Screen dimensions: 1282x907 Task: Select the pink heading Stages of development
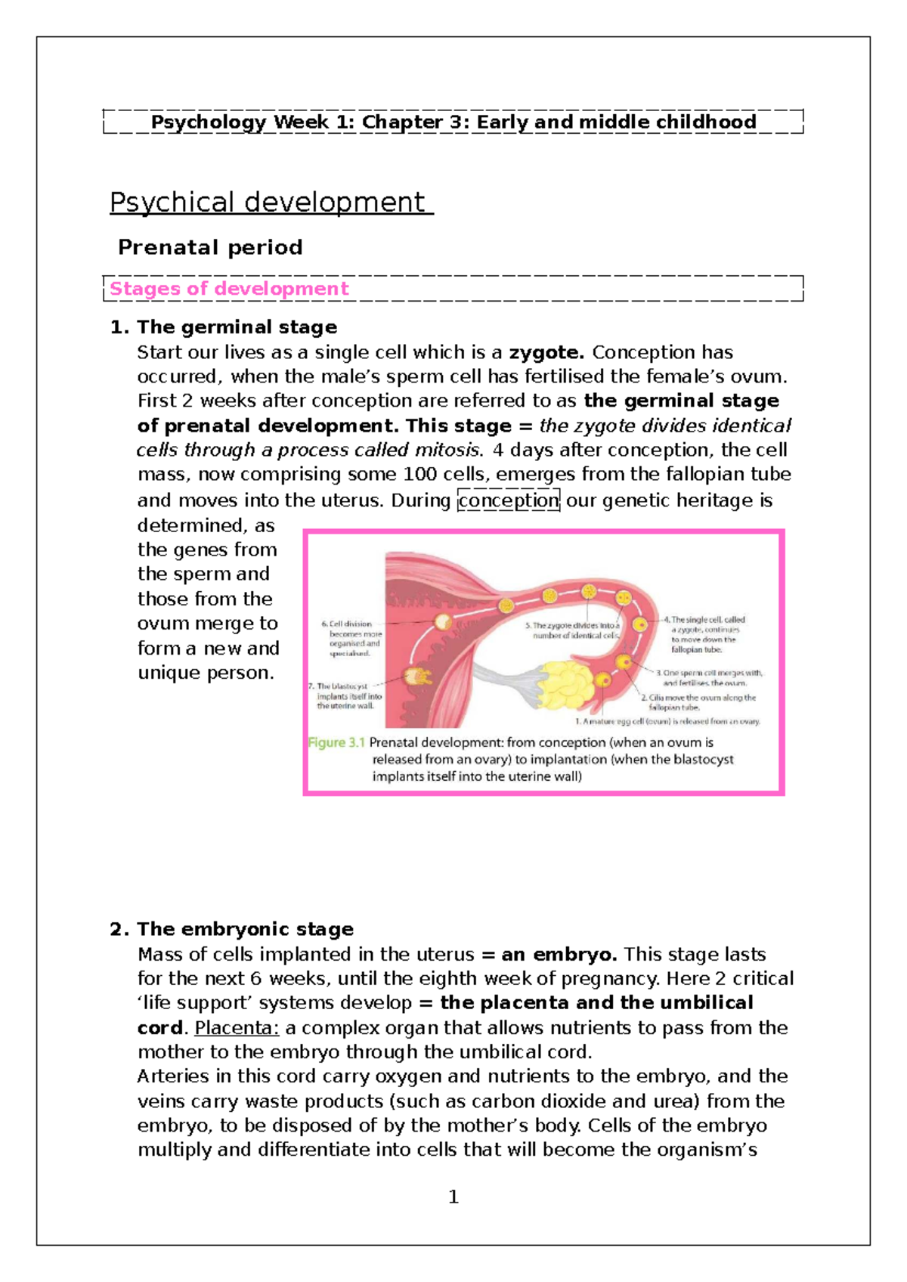[x=229, y=289]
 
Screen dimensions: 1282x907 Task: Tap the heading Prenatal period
[x=210, y=247]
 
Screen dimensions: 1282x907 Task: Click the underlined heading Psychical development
[x=271, y=203]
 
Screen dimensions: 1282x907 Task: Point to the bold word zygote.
[x=546, y=352]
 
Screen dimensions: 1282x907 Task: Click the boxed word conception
[x=508, y=500]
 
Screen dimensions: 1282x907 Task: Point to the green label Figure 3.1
[x=336, y=743]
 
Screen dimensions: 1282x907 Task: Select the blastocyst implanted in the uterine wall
[x=416, y=677]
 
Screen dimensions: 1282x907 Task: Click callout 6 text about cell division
[x=352, y=639]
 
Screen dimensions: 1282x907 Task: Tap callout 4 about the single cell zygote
[x=704, y=634]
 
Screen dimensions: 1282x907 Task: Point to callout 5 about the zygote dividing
[x=573, y=630]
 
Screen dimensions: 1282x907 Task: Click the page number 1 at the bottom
[x=453, y=1197]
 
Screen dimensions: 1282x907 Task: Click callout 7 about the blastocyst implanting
[x=346, y=696]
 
